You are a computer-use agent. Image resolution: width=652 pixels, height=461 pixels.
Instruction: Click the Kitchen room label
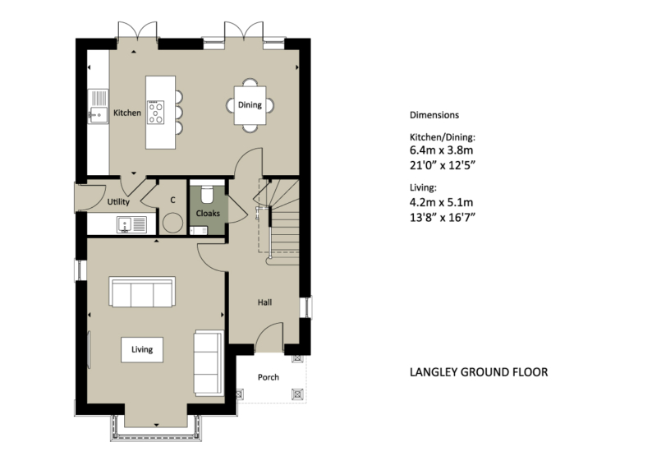click(127, 113)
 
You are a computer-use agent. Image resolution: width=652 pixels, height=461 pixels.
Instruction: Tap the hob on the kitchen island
click(155, 113)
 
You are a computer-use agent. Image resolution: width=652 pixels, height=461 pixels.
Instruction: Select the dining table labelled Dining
click(250, 105)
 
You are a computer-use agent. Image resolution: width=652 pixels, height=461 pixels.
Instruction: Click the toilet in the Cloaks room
click(207, 193)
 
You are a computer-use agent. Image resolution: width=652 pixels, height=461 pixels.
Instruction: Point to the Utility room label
click(118, 202)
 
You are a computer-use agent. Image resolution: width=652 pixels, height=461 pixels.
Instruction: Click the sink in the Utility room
click(131, 224)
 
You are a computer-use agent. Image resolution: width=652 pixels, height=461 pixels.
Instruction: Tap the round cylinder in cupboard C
click(172, 223)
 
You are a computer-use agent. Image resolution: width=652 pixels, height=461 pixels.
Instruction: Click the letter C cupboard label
click(172, 201)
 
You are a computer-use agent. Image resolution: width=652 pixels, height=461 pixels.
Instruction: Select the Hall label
click(265, 302)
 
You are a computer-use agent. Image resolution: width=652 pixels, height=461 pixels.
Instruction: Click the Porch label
click(269, 377)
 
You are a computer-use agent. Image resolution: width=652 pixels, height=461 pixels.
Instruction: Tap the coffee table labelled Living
click(142, 349)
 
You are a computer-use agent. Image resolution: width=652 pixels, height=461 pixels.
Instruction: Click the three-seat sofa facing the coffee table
click(142, 292)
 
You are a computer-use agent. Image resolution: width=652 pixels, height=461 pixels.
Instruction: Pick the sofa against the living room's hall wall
click(209, 362)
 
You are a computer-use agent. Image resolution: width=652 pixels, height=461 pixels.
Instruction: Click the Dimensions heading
click(434, 115)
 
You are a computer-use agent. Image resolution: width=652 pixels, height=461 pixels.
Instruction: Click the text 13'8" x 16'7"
click(443, 218)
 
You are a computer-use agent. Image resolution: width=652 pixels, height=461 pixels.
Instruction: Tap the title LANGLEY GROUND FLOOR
click(479, 372)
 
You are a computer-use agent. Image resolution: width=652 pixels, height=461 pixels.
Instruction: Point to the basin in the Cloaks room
click(199, 230)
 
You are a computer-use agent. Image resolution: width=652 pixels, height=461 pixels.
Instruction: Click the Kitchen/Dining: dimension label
click(443, 137)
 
